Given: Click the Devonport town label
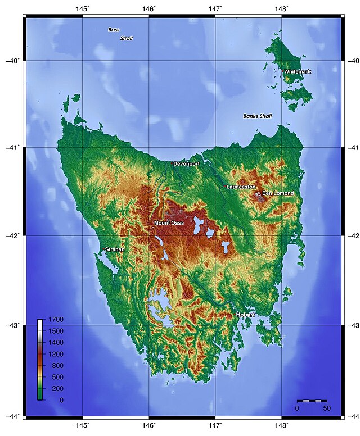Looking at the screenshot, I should point(186,164).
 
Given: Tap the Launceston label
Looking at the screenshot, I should point(241,187).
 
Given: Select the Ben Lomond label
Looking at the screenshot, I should point(278,193).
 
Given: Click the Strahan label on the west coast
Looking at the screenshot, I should point(115,249).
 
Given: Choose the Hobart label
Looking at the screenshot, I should point(245,315).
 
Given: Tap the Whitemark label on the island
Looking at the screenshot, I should point(297,72).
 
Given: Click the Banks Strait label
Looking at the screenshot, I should point(257,116).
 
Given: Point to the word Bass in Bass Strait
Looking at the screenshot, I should point(114,29).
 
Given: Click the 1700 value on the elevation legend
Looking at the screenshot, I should point(56,320).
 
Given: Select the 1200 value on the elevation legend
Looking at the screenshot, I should point(56,354).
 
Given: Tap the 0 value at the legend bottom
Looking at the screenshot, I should point(61,400).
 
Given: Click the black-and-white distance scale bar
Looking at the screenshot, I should point(312,401).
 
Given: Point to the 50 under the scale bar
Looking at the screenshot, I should point(326,408).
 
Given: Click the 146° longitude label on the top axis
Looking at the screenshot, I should point(149,8).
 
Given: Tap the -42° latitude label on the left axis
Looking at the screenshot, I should point(12,236).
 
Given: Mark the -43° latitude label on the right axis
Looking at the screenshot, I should point(352,325).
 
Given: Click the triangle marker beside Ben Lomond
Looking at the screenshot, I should point(259,194).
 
